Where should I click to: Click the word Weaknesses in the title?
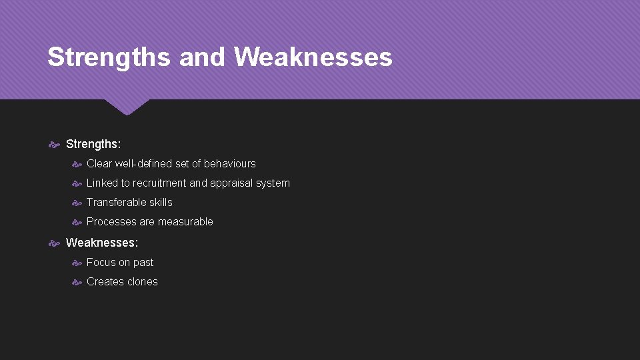click(313, 57)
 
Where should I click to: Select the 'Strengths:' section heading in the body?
click(93, 144)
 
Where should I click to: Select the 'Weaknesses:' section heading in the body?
click(102, 243)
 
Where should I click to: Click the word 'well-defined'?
click(143, 163)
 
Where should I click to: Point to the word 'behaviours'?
click(229, 163)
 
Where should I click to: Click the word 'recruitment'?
click(159, 183)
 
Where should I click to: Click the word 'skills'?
click(161, 202)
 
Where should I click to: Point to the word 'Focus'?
click(101, 262)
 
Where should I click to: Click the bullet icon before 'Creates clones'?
click(77, 282)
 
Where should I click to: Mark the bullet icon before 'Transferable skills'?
click(77, 203)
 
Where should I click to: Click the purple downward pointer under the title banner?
click(127, 107)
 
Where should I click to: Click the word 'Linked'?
click(102, 183)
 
